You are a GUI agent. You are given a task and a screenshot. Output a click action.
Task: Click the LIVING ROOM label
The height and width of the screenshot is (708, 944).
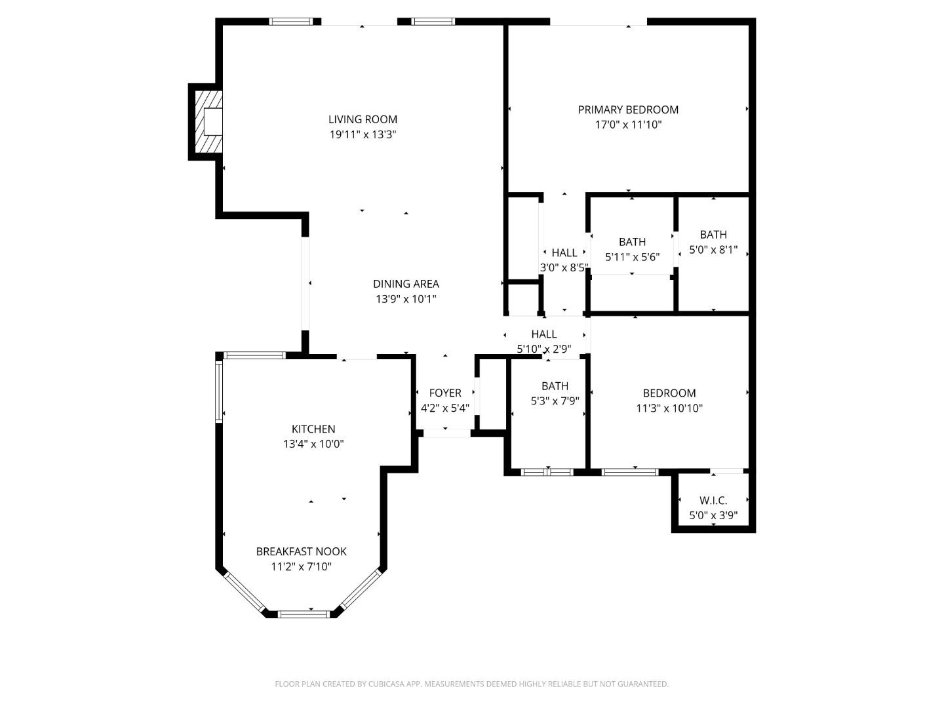[x=363, y=119]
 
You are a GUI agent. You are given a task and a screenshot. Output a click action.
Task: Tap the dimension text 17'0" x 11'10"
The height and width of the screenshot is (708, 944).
[x=628, y=125]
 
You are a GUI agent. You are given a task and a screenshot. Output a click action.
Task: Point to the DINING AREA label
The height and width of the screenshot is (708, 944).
[x=406, y=284]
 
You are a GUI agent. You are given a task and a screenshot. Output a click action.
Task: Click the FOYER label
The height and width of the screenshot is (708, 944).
[x=444, y=393]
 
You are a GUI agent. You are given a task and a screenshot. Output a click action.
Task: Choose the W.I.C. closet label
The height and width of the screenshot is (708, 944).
[x=713, y=500]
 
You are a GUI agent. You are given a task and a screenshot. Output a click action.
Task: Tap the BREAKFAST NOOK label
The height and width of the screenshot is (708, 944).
[x=301, y=551]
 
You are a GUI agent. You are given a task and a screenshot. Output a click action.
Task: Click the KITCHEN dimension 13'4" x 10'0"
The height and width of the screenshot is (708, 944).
[x=313, y=444]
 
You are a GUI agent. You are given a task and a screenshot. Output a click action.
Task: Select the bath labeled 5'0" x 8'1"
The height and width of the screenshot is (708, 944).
[x=713, y=242]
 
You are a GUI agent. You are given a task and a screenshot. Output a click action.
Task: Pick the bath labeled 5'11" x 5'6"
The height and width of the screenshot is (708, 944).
[x=632, y=250]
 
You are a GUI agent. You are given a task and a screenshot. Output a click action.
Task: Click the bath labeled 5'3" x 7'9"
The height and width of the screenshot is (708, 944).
[x=555, y=393]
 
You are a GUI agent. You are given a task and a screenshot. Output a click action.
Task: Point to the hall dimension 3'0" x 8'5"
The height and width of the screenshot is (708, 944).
[x=564, y=267]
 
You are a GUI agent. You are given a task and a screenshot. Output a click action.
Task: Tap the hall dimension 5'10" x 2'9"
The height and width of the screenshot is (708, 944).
[x=544, y=349]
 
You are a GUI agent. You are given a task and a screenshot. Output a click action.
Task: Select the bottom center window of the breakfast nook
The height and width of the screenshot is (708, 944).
[x=304, y=614]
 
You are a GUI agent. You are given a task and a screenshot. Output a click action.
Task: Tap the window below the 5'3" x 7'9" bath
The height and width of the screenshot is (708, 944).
[x=547, y=471]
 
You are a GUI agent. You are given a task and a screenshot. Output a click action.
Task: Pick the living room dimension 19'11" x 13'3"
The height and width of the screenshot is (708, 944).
[x=363, y=134]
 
